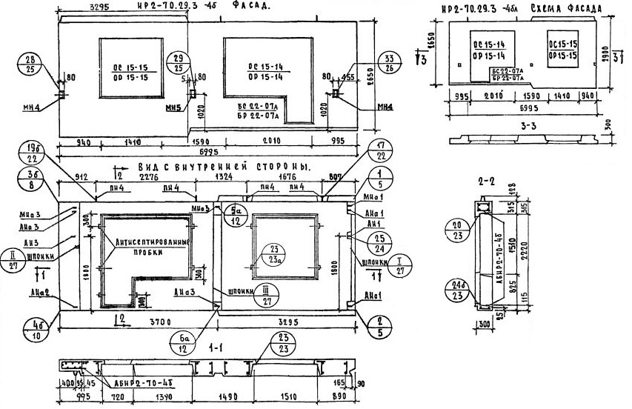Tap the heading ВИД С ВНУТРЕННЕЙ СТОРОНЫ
click(223, 169)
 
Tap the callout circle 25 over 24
click(379, 245)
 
